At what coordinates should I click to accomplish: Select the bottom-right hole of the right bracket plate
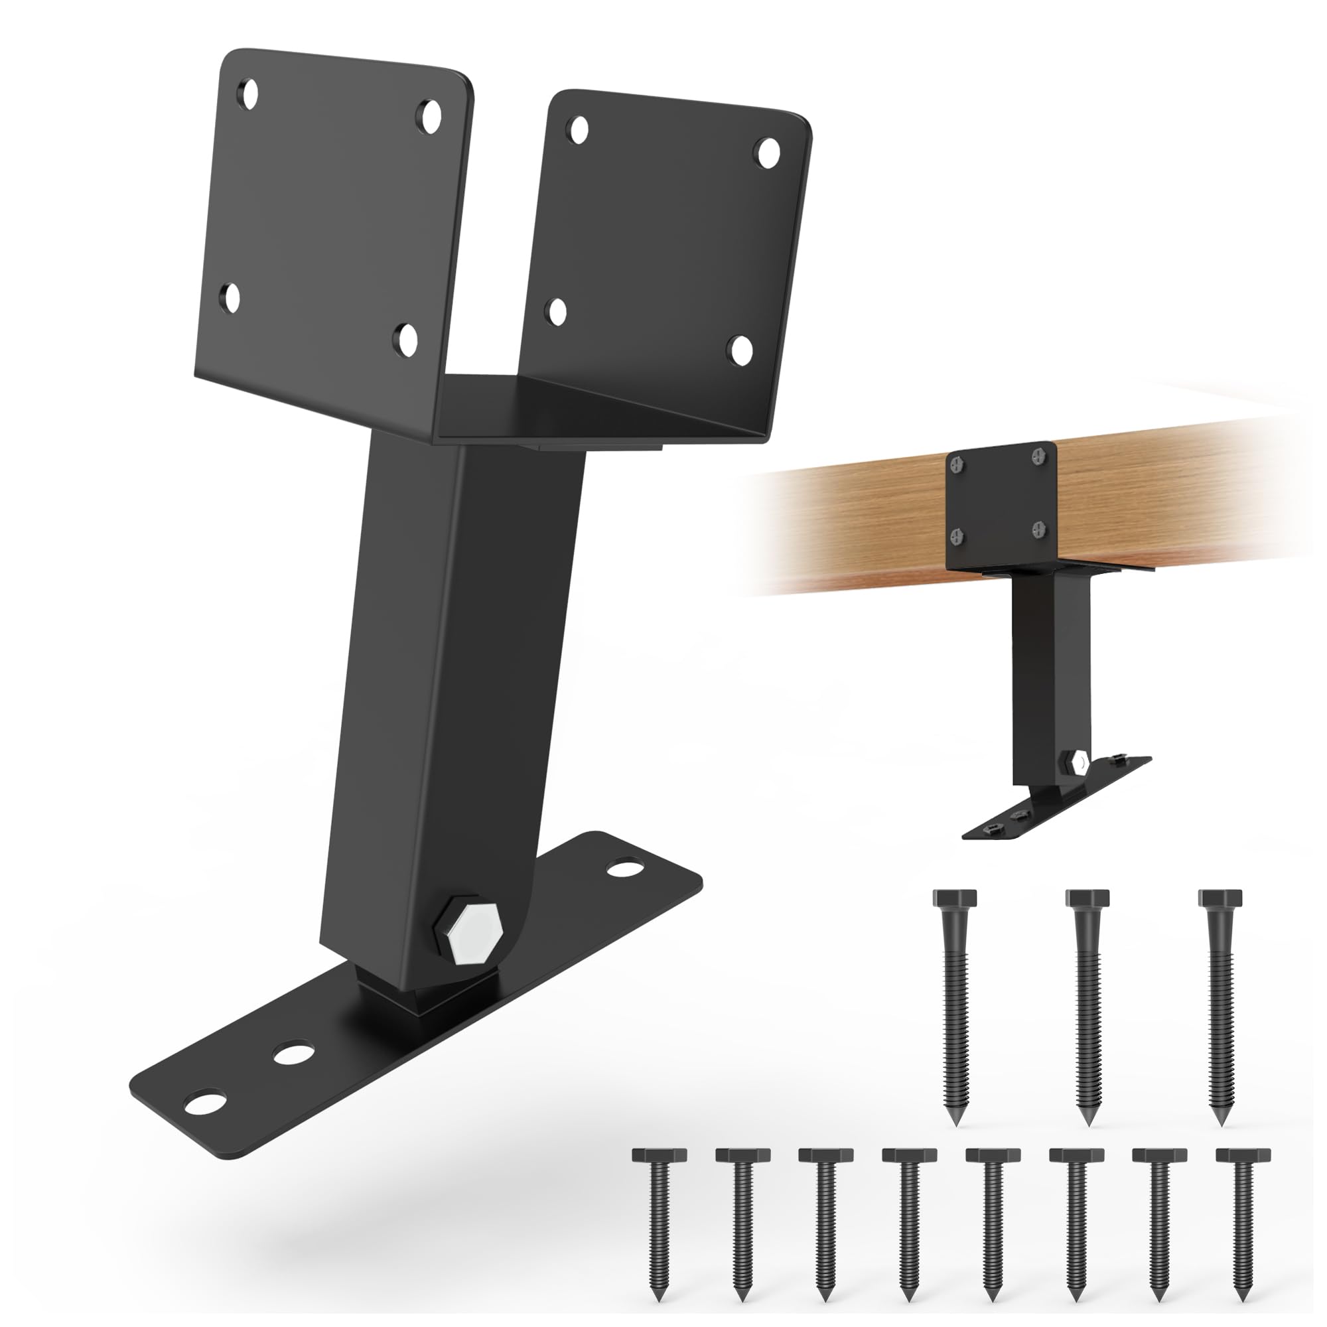740,348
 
